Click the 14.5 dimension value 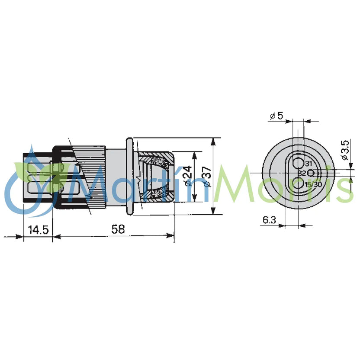(x=38, y=229)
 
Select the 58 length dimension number (x=116, y=229)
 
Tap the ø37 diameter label (x=207, y=177)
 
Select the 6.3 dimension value (x=269, y=220)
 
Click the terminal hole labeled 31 (x=298, y=163)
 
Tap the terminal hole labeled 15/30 (x=298, y=184)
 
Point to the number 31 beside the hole (x=308, y=164)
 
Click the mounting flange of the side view (x=129, y=177)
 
